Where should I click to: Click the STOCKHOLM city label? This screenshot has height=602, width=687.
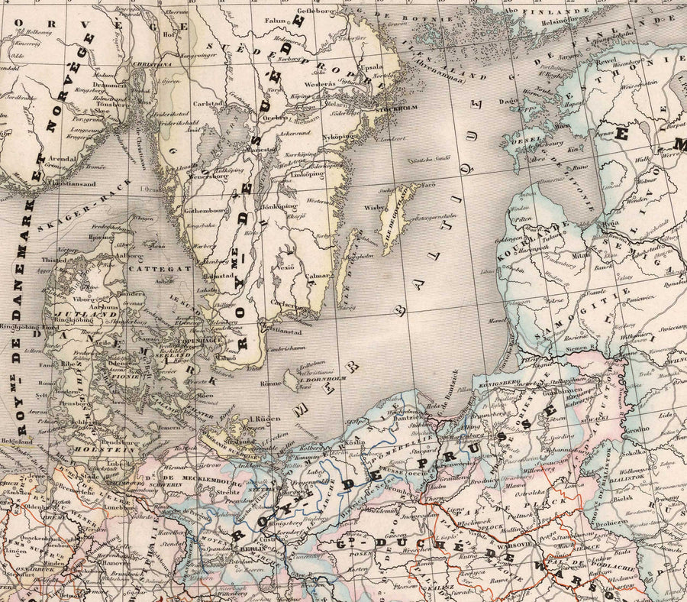[x=394, y=110]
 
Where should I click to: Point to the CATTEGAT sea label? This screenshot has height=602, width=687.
[x=149, y=270]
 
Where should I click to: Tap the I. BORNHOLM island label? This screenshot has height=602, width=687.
[x=324, y=378]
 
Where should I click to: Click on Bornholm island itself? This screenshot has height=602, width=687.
[x=291, y=379]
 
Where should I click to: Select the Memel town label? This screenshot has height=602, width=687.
[x=497, y=320]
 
